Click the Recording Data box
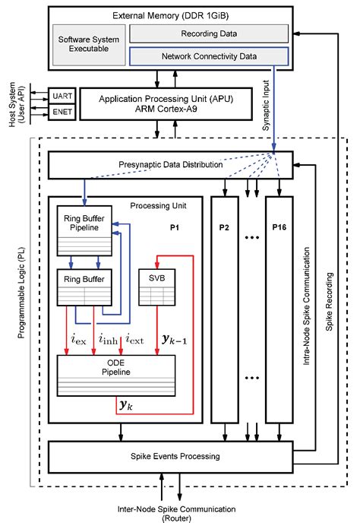(209, 33)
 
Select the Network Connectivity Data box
(209, 55)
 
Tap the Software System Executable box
(89, 44)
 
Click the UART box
(62, 97)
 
